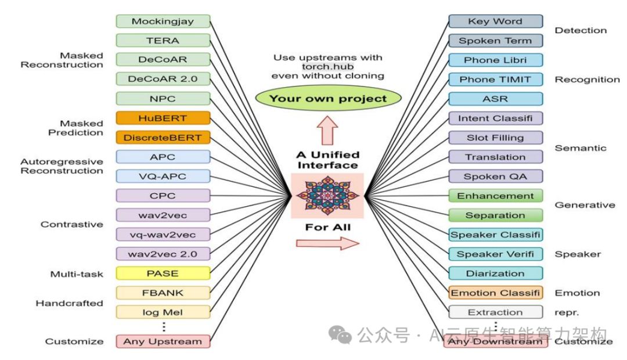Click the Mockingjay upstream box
pyautogui.click(x=163, y=21)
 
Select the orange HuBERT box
pyautogui.click(x=163, y=118)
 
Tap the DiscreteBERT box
pyautogui.click(x=163, y=138)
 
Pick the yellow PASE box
pyautogui.click(x=163, y=273)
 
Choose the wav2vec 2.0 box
pyautogui.click(x=163, y=254)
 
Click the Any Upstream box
pyautogui.click(x=163, y=341)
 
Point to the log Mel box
pyautogui.click(x=163, y=312)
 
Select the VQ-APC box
pyautogui.click(x=163, y=176)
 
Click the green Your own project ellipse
pyautogui.click(x=327, y=98)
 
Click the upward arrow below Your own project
pyautogui.click(x=327, y=129)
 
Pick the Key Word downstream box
pyautogui.click(x=495, y=21)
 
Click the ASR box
pyautogui.click(x=495, y=99)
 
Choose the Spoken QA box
pyautogui.click(x=495, y=177)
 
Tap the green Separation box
pyautogui.click(x=495, y=215)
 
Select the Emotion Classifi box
pyautogui.click(x=495, y=293)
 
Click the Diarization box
pyautogui.click(x=495, y=273)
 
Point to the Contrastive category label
pyautogui.click(x=72, y=224)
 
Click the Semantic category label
pyautogui.click(x=580, y=148)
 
